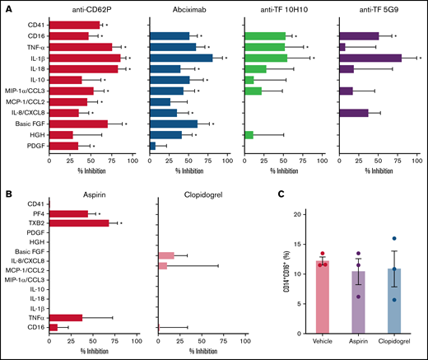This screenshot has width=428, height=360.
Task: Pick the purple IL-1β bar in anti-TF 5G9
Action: pyautogui.click(x=370, y=58)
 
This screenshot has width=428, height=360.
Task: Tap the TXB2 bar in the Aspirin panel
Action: pyautogui.click(x=79, y=223)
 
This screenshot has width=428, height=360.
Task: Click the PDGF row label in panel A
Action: pyautogui.click(x=35, y=146)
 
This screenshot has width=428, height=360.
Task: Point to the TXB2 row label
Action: pyautogui.click(x=34, y=223)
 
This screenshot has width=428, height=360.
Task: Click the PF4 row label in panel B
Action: pyautogui.click(x=37, y=213)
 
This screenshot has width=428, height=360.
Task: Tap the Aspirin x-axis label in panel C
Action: pyautogui.click(x=359, y=339)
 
